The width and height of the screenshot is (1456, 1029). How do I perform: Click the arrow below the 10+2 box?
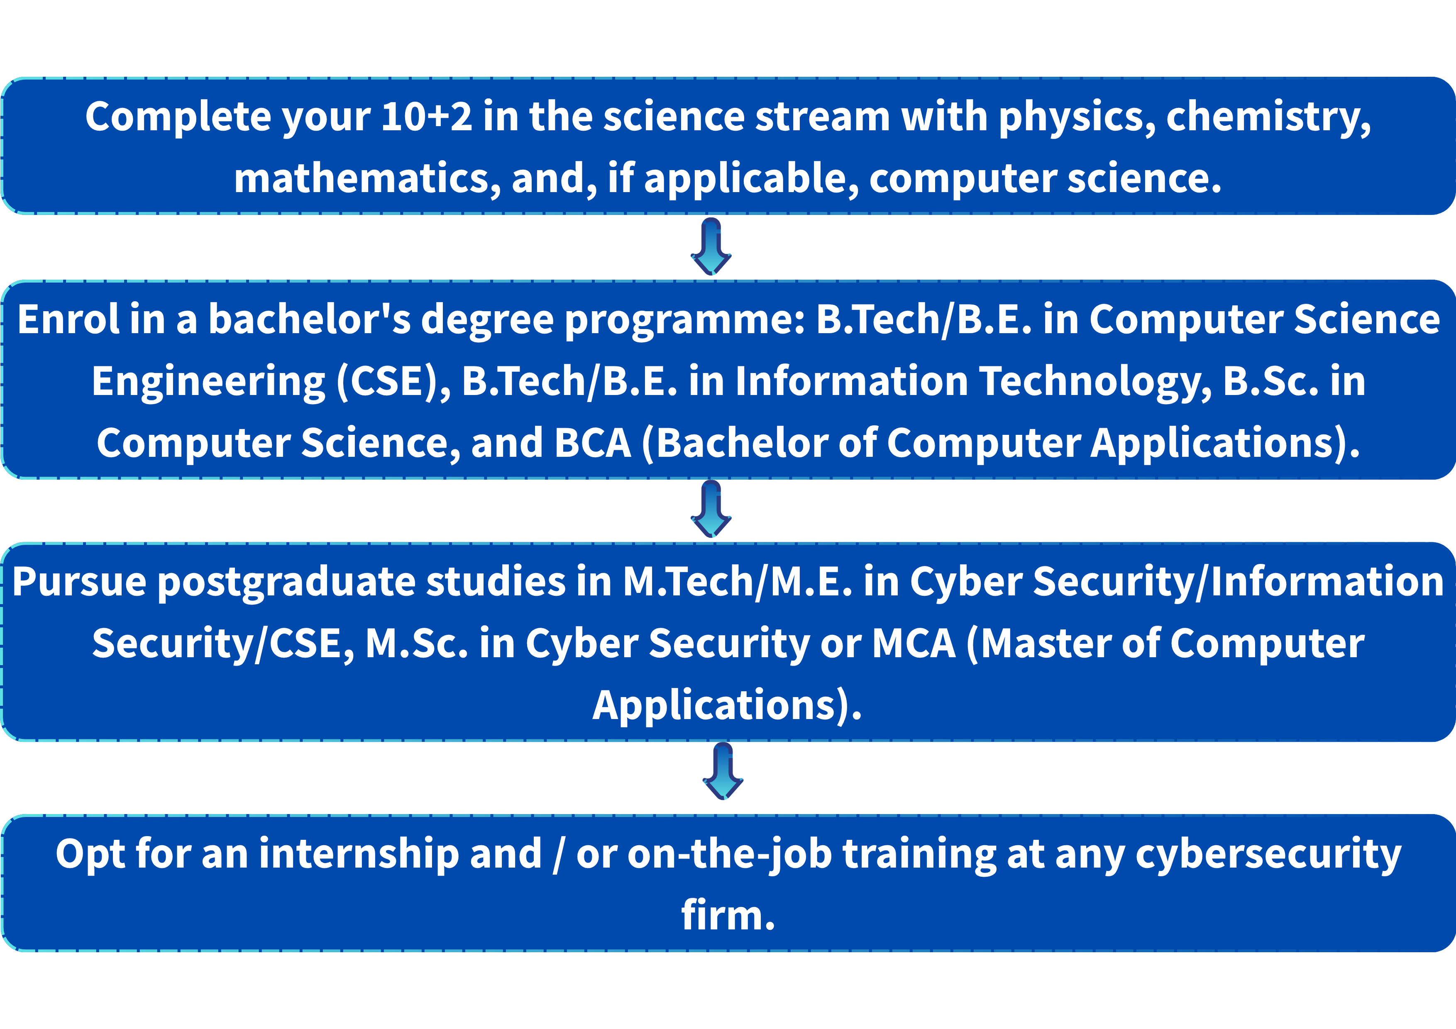711,246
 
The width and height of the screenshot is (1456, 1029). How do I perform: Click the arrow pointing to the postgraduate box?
711,508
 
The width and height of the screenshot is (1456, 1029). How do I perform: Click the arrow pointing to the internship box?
723,771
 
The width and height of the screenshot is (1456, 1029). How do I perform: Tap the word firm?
728,915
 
